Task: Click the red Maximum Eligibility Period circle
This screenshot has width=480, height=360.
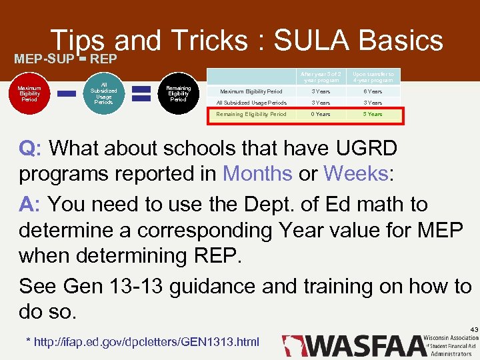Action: [29, 93]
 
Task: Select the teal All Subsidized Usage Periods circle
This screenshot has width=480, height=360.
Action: [103, 93]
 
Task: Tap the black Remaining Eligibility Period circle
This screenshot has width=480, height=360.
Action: [178, 93]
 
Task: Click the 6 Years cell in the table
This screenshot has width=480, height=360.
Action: [373, 91]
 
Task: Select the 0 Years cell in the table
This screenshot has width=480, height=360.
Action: [321, 114]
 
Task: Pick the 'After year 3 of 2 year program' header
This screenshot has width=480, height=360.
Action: [321, 77]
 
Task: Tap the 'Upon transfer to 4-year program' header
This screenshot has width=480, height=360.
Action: [373, 77]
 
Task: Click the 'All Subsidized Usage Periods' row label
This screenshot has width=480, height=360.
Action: [251, 103]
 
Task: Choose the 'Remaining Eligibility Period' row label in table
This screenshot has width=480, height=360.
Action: [251, 114]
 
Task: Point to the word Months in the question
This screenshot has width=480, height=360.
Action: [257, 174]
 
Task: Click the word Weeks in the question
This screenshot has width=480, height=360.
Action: [355, 174]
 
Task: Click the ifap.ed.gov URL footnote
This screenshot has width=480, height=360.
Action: [142, 342]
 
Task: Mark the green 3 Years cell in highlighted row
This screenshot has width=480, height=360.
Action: [373, 114]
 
